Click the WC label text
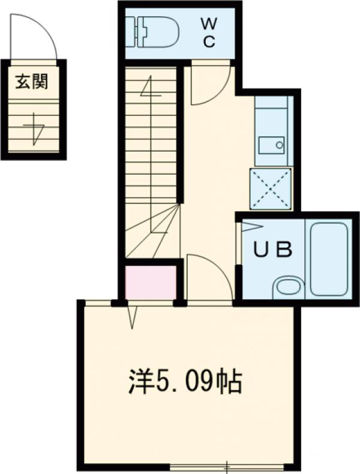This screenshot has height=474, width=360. [208, 32]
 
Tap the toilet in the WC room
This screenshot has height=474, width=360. [155, 32]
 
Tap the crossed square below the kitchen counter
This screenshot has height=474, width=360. [271, 188]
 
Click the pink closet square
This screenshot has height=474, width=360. [150, 282]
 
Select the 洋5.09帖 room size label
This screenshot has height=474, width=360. [185, 382]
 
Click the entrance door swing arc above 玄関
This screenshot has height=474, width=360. [35, 36]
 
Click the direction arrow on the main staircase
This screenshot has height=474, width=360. [150, 90]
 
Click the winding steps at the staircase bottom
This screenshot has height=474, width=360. [153, 234]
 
